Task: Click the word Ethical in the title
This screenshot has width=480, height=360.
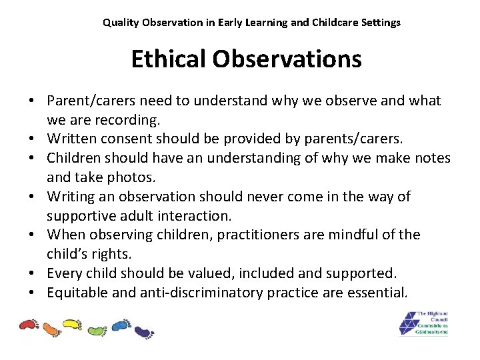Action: [169, 59]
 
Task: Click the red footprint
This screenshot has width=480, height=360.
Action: [29, 325]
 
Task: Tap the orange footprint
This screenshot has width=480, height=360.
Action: [51, 329]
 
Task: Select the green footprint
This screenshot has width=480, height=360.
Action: [96, 329]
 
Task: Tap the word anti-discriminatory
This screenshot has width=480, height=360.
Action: [204, 292]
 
